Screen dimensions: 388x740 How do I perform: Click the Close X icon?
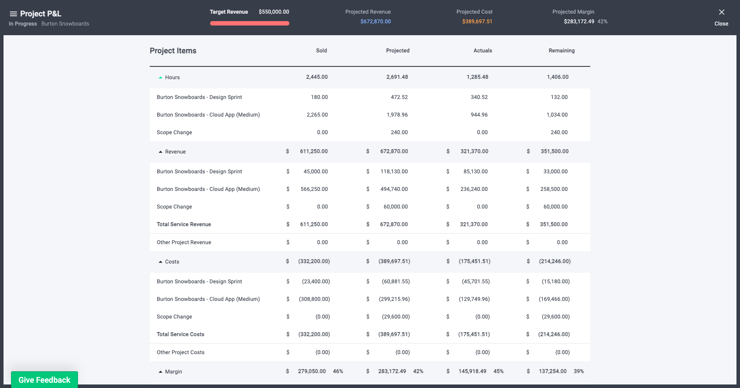click(721, 13)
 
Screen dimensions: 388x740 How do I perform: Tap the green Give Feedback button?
click(44, 380)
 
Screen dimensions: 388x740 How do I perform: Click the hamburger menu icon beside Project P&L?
click(13, 14)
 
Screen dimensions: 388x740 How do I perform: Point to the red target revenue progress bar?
click(250, 23)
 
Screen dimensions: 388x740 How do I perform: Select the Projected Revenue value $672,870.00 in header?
click(375, 22)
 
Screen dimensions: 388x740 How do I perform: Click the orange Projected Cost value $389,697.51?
click(477, 22)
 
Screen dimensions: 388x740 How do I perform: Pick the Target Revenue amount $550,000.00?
click(274, 12)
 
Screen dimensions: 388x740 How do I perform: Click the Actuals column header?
click(482, 51)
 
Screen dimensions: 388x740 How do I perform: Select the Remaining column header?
click(561, 51)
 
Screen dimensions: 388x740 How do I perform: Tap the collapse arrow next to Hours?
click(160, 77)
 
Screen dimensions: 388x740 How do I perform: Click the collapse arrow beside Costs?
click(160, 262)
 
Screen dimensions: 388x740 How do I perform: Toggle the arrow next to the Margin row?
click(160, 372)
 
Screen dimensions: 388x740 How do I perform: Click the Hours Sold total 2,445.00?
click(317, 77)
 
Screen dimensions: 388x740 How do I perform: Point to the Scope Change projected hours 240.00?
click(399, 132)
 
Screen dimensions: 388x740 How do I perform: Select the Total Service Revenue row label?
click(184, 224)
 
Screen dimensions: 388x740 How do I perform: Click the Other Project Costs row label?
click(181, 352)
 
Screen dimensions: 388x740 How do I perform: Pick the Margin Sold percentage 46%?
click(338, 371)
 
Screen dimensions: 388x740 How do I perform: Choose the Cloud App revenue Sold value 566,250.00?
click(314, 189)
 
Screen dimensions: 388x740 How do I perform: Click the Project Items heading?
click(173, 51)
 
